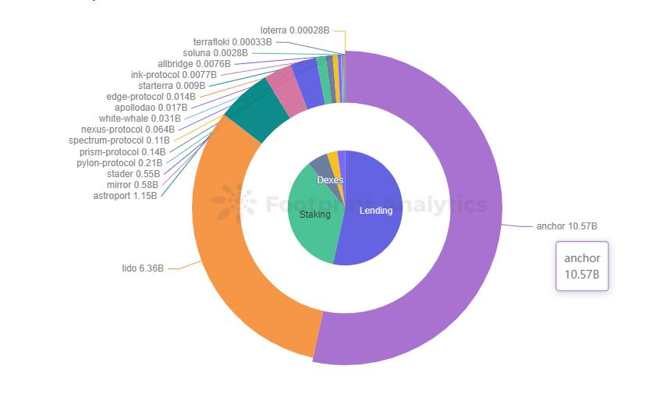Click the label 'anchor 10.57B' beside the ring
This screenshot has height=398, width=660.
[x=566, y=226]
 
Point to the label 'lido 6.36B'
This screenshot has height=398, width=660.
[x=143, y=268]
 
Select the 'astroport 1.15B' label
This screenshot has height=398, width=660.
[x=125, y=195]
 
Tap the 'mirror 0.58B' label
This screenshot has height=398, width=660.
[x=133, y=185]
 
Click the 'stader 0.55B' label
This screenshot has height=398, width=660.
[x=133, y=174]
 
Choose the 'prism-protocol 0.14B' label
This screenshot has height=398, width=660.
[x=122, y=152]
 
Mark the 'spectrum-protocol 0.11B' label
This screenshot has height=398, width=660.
[x=119, y=140]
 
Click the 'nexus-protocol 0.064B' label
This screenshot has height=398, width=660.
[x=128, y=130]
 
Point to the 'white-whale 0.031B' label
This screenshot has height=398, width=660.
[x=134, y=119]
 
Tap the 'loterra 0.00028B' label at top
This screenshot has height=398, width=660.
[x=295, y=30]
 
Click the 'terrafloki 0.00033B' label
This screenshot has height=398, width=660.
[x=232, y=41]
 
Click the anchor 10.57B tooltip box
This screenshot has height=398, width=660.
[x=582, y=266]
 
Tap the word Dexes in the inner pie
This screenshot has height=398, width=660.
[x=330, y=180]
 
